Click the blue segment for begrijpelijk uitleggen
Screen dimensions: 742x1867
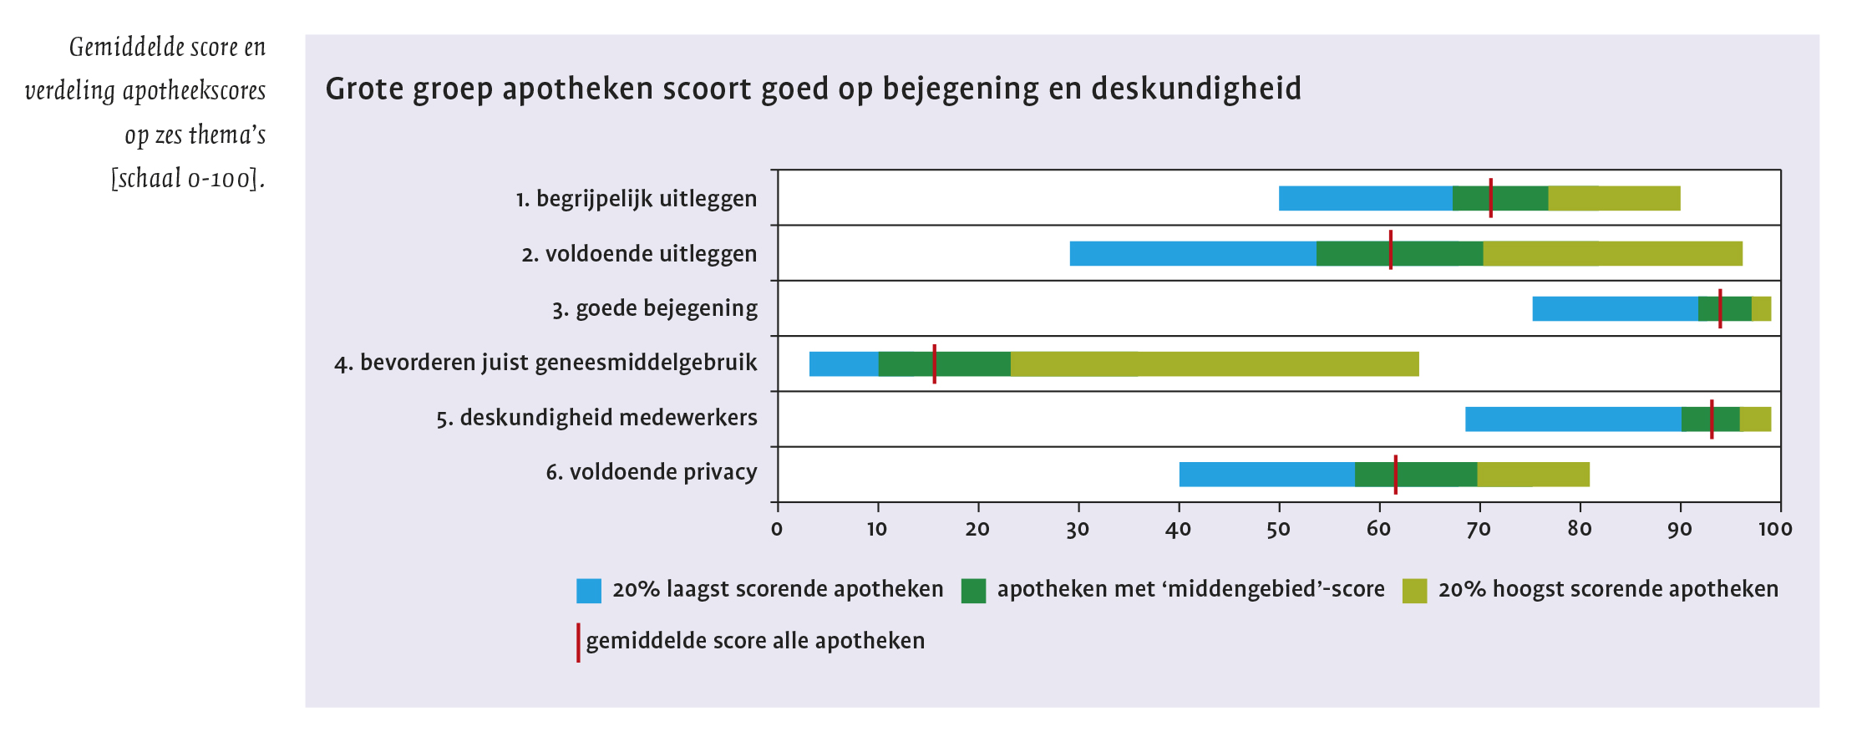click(1365, 198)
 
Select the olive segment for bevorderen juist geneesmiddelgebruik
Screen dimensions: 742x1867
click(1214, 364)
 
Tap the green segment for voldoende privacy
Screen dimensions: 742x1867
click(1415, 475)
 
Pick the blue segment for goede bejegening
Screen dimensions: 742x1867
click(1614, 309)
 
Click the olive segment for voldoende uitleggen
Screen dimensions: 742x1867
click(1611, 254)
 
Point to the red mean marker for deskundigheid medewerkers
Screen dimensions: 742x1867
click(1712, 419)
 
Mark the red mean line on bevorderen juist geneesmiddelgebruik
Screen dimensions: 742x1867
click(934, 364)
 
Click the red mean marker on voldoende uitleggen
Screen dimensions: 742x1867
click(1390, 250)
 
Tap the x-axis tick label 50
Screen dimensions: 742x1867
click(1278, 529)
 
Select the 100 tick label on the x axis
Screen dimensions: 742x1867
click(1775, 529)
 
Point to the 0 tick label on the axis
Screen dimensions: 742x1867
click(777, 529)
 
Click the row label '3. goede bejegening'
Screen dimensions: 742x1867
click(654, 309)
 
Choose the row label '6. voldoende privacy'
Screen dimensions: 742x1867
click(651, 473)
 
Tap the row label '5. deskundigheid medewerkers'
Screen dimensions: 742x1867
click(596, 418)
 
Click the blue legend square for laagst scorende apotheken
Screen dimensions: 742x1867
click(589, 591)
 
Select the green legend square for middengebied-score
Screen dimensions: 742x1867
click(973, 591)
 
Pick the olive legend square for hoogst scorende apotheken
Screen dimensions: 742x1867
click(1414, 591)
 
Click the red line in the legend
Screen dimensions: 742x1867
click(578, 643)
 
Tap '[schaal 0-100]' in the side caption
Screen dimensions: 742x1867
click(188, 179)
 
